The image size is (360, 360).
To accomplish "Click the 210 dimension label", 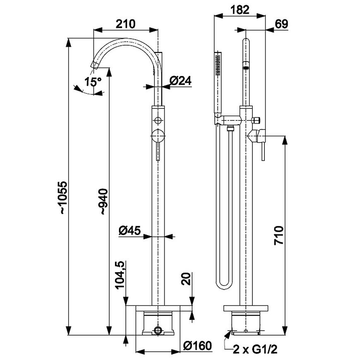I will pyautogui.click(x=125, y=24).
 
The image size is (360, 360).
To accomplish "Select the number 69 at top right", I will pyautogui.click(x=281, y=24).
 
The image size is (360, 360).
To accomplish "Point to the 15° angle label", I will pyautogui.click(x=93, y=82).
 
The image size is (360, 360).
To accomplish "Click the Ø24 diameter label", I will pyautogui.click(x=180, y=81).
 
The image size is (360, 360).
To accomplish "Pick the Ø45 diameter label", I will pyautogui.click(x=130, y=230).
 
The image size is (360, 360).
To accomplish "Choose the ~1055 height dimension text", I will pyautogui.click(x=62, y=197).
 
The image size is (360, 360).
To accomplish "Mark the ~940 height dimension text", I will pyautogui.click(x=103, y=202).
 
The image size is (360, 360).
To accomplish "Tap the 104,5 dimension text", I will pyautogui.click(x=120, y=275).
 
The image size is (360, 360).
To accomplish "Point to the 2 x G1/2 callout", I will pyautogui.click(x=254, y=350).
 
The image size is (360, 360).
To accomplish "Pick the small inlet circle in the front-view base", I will pyautogui.click(x=157, y=330).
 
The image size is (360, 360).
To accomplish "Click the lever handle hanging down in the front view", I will pyautogui.click(x=158, y=151).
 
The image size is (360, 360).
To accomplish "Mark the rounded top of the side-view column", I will pyautogui.click(x=246, y=43).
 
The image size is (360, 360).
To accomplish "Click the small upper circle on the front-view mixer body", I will pyautogui.click(x=157, y=120).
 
